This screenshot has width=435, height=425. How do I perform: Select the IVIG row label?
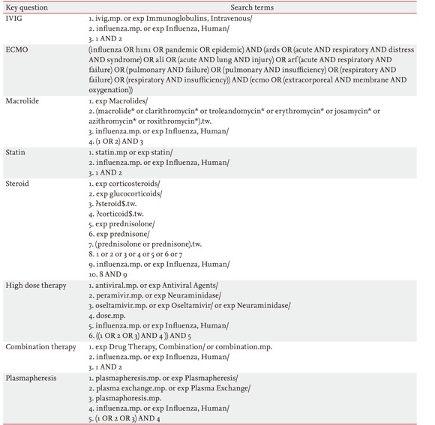pyautogui.click(x=14, y=17)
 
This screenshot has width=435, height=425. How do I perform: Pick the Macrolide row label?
pyautogui.click(x=22, y=100)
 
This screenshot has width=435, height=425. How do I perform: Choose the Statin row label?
pyautogui.click(x=16, y=152)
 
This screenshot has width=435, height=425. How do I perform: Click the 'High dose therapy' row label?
pyautogui.click(x=36, y=286)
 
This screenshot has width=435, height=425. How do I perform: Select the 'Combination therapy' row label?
pyautogui.click(x=41, y=347)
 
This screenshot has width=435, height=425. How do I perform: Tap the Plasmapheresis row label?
pyautogui.click(x=32, y=379)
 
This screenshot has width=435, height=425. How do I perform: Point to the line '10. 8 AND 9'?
pyautogui.click(x=109, y=275)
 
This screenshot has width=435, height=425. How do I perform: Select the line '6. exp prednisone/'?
pyautogui.click(x=118, y=235)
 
